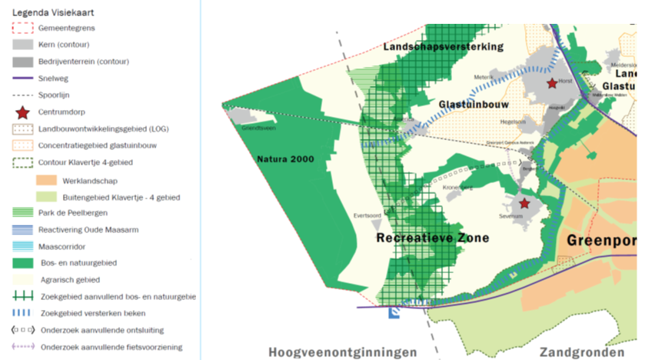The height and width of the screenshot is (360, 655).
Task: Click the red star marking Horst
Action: click(551, 83)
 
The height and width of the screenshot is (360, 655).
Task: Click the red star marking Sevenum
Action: click(524, 204)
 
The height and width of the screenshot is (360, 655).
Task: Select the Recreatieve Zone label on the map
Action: click(432, 238)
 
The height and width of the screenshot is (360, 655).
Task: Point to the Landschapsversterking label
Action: click(443, 46)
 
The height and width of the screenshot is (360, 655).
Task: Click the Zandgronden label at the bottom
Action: click(581, 352)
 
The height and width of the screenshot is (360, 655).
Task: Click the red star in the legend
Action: click(22, 112)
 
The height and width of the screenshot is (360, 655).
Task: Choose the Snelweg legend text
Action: click(53, 78)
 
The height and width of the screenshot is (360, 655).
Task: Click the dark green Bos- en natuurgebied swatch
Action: click(22, 263)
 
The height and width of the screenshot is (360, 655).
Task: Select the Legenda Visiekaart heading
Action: click(47, 11)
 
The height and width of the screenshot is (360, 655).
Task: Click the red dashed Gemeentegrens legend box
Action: click(22, 28)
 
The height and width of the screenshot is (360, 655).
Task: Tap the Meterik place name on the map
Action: click(483, 76)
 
